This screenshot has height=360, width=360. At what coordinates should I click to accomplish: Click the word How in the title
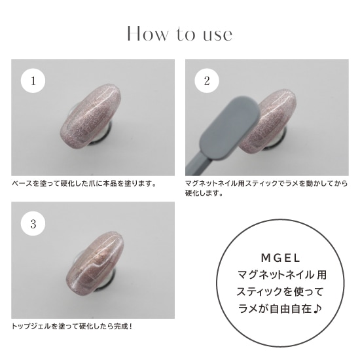click(147, 34)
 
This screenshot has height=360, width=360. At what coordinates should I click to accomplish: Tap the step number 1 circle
click(33, 81)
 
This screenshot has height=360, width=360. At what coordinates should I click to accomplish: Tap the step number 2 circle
click(207, 81)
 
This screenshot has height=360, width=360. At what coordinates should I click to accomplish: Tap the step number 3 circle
click(33, 224)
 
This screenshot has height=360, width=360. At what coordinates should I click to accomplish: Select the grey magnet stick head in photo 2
click(230, 128)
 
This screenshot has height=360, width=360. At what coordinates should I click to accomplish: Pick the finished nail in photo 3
click(95, 262)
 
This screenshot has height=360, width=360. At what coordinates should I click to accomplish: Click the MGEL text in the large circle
click(281, 259)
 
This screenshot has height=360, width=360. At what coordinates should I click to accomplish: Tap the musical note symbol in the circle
click(317, 308)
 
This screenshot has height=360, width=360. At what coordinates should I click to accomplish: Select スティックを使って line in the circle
click(280, 292)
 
